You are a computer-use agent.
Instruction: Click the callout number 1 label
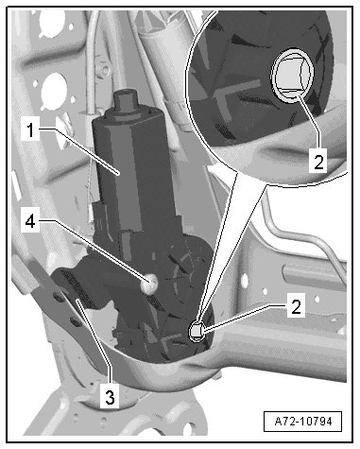[x=30, y=130]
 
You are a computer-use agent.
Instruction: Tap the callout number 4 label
[x=30, y=221]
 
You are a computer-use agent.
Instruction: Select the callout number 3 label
[x=110, y=397]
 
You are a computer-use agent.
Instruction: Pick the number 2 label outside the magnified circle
[x=296, y=305]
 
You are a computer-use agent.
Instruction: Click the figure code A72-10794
[x=303, y=422]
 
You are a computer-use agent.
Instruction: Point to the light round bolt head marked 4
[x=149, y=284]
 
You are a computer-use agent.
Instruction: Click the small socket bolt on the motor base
[x=197, y=331]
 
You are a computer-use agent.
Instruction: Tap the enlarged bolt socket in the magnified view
[x=292, y=76]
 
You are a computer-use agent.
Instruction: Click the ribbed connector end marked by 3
[x=76, y=286]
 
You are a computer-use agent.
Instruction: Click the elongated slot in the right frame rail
[x=312, y=273]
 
